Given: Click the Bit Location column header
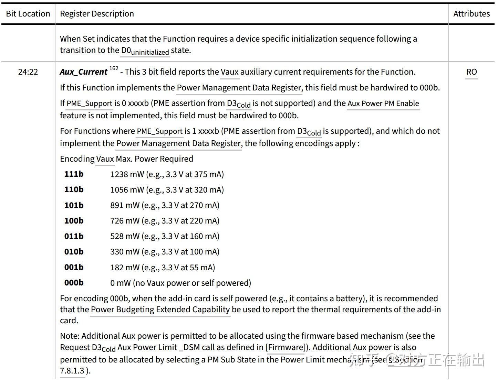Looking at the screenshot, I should [28, 14].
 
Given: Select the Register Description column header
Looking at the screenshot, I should [97, 14].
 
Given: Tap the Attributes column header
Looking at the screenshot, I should [471, 14].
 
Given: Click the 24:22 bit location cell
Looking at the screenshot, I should [28, 72].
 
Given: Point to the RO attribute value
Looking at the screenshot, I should [471, 72].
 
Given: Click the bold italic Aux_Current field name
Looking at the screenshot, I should [83, 72].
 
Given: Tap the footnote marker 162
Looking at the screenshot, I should [114, 68].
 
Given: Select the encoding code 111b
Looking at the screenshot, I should [74, 174].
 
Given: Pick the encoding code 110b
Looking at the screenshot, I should [74, 189].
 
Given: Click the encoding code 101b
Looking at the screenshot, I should [74, 205].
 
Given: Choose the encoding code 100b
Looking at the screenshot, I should [74, 221].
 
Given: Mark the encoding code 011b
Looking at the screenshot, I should [74, 236].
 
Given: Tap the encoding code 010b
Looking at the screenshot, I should [74, 252].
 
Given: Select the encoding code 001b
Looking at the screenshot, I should [74, 267].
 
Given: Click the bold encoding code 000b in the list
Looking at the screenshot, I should [74, 283].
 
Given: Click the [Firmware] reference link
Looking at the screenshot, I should [286, 347].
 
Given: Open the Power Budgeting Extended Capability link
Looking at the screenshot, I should [160, 310].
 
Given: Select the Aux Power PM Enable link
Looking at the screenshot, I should [383, 103].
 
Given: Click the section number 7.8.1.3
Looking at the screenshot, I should [72, 371].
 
